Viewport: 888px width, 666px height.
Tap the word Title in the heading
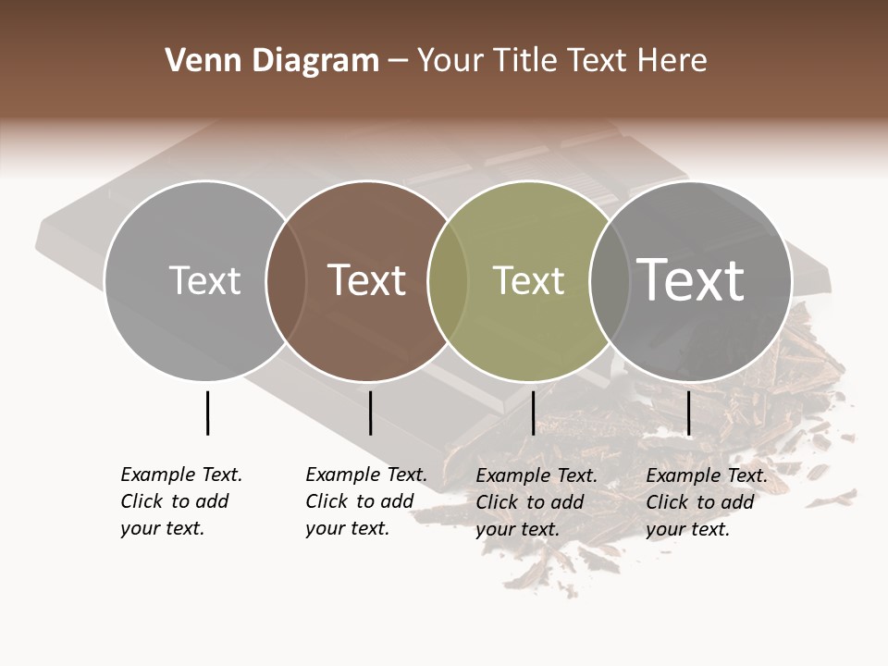click(524, 61)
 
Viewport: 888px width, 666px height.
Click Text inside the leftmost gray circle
click(204, 280)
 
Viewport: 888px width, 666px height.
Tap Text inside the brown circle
click(366, 280)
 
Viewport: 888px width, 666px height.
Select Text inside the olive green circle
click(528, 280)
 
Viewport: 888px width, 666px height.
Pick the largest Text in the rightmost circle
click(691, 280)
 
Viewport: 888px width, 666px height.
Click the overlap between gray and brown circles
click(286, 280)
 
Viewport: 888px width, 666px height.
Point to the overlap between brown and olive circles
click(448, 280)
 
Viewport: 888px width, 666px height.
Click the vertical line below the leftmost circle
click(207, 413)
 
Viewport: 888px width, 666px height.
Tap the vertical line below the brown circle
click(370, 413)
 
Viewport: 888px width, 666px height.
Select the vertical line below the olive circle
click(533, 413)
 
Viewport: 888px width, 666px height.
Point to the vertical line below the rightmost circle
click(688, 413)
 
